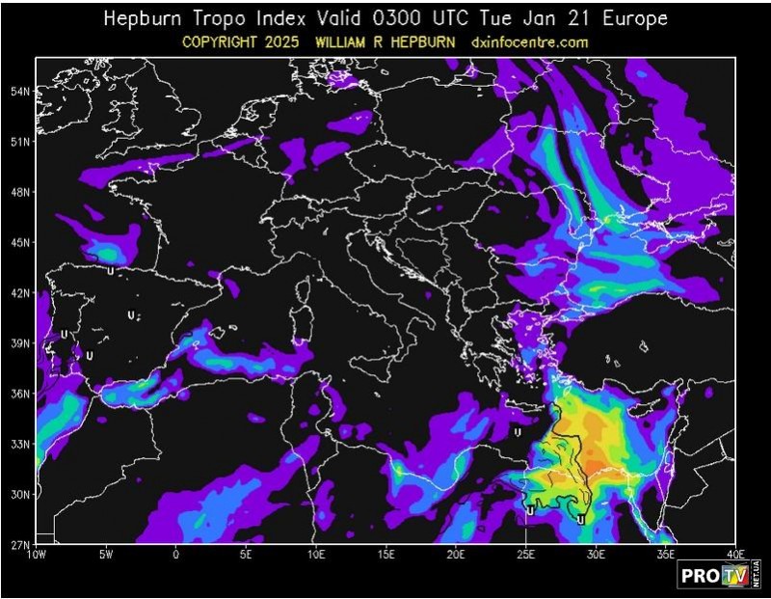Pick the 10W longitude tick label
click(37, 555)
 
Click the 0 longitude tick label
click(175, 555)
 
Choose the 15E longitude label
click(385, 555)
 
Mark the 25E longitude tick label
click(525, 555)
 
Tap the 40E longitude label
click(735, 555)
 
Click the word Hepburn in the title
click(143, 18)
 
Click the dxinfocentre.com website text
click(530, 42)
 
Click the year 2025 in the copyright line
click(293, 42)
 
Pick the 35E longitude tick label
click(666, 555)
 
